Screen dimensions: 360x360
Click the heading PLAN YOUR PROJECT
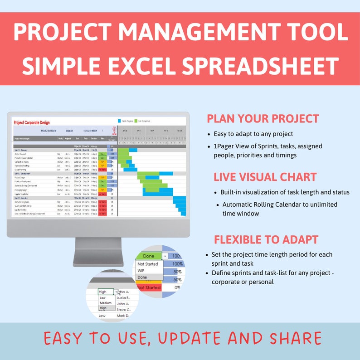click(263, 119)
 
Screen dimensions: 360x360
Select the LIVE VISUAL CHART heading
click(265, 177)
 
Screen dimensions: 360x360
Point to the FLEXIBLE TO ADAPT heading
click(266, 239)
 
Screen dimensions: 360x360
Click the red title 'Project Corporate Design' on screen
click(32, 122)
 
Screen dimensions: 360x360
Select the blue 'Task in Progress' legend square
click(119, 121)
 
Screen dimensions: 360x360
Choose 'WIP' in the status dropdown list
click(141, 271)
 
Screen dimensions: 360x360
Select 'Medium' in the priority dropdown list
click(105, 303)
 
